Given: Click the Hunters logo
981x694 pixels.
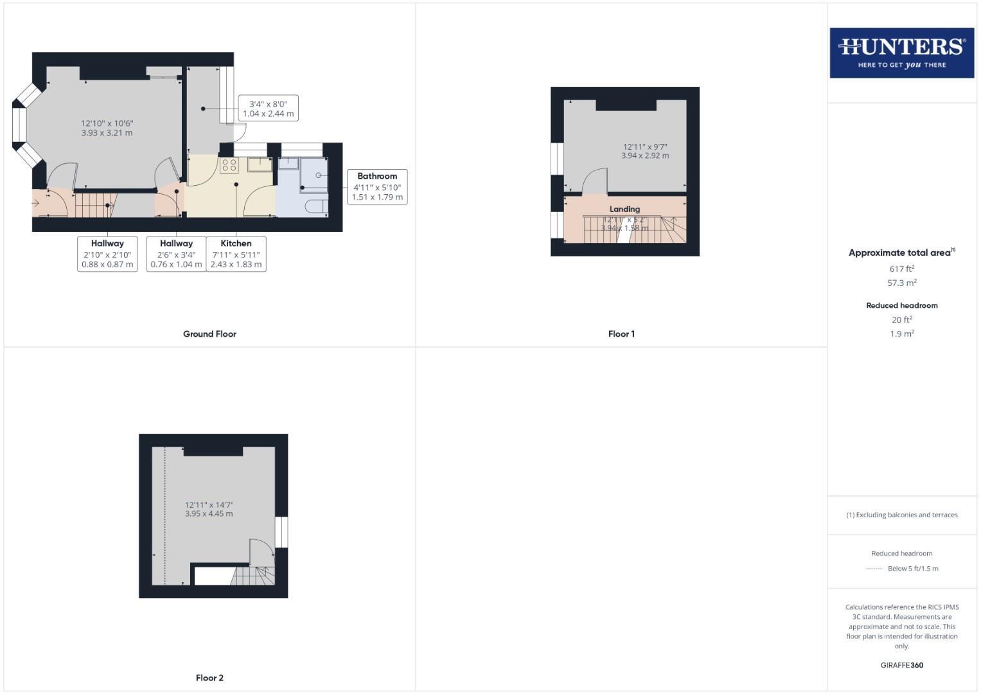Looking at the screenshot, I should tap(901, 53).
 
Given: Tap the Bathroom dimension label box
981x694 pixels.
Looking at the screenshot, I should tap(377, 186).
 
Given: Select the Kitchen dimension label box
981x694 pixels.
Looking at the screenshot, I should tap(236, 254).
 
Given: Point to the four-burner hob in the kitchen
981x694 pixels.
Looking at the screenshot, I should tap(229, 165).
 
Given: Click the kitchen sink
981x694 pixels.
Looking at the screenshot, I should tap(260, 165).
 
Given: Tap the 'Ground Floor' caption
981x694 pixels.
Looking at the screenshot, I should tap(209, 334).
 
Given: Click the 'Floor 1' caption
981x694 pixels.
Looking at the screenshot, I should tap(621, 334).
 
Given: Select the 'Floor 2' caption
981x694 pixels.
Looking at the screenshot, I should tap(209, 678).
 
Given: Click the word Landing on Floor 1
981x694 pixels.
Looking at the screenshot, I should tap(624, 209).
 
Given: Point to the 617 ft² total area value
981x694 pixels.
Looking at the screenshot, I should tap(901, 269).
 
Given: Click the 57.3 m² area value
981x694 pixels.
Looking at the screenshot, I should tap(901, 283).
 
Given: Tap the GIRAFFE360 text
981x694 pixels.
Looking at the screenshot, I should tap(901, 665).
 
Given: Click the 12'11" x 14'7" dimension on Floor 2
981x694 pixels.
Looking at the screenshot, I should tap(209, 505).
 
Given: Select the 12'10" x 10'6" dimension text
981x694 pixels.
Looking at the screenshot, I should tap(107, 123).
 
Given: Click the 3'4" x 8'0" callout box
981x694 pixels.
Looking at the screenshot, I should tap(268, 109).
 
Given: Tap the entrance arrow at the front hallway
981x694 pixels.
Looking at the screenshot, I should tap(36, 203).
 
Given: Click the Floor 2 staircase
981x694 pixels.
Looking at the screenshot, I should tap(252, 576).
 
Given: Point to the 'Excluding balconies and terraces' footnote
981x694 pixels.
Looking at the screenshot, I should tap(901, 515).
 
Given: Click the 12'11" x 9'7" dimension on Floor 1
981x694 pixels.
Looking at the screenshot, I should tap(644, 147).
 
